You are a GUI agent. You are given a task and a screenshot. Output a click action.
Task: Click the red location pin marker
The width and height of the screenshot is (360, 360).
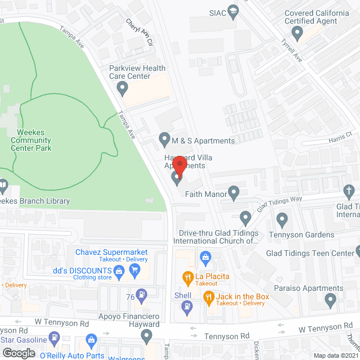(179, 166)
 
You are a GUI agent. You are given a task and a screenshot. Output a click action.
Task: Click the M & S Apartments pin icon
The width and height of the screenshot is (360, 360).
(164, 138)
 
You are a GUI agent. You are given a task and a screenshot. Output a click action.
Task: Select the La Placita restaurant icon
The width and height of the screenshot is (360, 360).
(187, 277)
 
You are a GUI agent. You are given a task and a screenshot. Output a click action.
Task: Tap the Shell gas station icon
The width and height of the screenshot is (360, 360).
(187, 306)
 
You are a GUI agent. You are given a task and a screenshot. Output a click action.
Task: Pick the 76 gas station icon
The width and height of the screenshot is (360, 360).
(142, 293)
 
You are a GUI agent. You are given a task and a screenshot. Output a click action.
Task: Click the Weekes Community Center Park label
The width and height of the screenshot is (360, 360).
(31, 139)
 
